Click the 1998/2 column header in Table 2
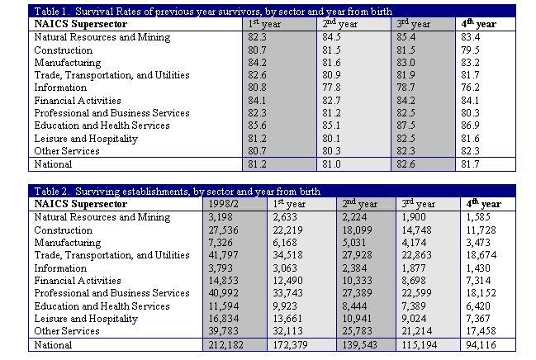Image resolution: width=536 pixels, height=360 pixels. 224,204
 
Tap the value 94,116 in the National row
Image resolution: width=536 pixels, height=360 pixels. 481,344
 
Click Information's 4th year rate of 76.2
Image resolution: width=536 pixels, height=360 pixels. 470,88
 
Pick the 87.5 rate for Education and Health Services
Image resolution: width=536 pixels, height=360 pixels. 406,126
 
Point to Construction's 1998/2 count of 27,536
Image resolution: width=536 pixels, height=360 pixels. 224,230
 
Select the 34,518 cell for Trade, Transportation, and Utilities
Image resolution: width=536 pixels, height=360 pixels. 288,255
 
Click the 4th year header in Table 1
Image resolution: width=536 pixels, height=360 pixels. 478,24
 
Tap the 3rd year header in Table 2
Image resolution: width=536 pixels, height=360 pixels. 419,204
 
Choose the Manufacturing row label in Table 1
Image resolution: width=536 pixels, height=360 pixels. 68,63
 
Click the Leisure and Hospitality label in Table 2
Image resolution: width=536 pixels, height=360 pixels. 86,319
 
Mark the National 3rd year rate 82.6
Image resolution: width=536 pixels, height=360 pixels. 406,164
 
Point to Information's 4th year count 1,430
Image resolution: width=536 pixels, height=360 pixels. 478,268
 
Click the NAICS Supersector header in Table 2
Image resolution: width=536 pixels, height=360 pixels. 81,204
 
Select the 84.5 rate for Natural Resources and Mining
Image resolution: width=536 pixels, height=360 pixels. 331,37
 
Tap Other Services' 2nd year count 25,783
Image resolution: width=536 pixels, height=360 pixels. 358,331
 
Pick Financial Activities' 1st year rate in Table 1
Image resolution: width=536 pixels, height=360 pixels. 257,101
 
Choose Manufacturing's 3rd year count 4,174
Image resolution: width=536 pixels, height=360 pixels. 414,243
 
